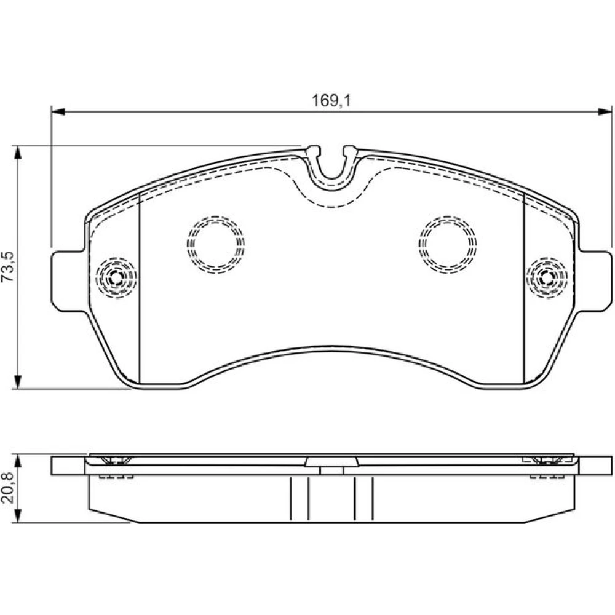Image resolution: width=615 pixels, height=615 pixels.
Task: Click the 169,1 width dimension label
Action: coord(331,101)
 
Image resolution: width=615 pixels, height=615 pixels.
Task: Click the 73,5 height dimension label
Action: coord(8,266)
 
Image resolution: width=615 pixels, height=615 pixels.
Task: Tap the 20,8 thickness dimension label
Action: coord(8,488)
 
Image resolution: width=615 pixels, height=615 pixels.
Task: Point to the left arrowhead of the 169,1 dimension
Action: coord(58,112)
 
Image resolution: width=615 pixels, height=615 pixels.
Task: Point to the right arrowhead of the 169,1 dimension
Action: coord(605,112)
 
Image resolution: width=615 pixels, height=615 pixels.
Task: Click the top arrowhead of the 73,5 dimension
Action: coord(17,153)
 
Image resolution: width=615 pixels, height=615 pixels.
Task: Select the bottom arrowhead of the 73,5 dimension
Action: coord(17,382)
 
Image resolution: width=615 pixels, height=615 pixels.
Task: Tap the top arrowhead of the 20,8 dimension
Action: coord(17,462)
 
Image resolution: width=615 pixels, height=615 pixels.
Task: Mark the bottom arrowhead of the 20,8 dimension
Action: coord(17,516)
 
